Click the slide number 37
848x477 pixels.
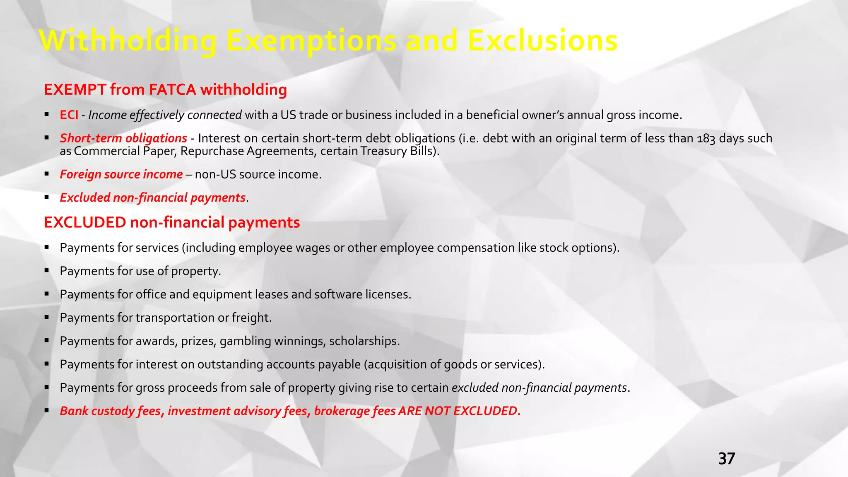click(726, 459)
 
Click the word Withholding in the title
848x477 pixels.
click(128, 41)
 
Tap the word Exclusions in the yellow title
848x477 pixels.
click(542, 41)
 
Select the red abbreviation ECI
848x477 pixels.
click(69, 115)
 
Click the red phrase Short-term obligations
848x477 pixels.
click(123, 138)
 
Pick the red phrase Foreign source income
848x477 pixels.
click(121, 174)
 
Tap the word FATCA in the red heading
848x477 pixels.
click(173, 89)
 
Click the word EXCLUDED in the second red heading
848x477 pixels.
click(85, 222)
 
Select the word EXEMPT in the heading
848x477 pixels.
click(75, 89)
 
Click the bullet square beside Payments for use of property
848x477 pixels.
click(47, 271)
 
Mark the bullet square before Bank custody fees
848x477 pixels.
click(47, 411)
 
